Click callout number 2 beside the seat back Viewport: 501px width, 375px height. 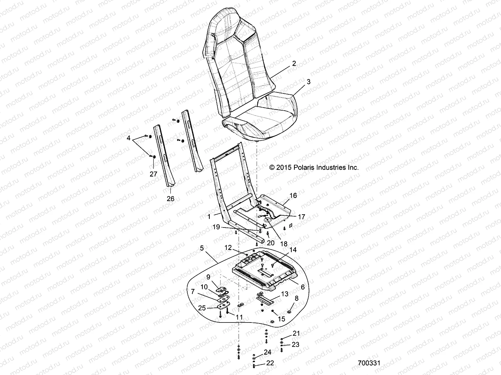coord(294,63)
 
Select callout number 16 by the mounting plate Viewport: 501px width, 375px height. coord(293,196)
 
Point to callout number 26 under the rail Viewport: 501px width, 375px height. coord(170,199)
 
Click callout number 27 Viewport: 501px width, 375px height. coord(153,174)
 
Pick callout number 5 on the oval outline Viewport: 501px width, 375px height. coord(202,248)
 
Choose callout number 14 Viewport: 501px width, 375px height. coord(292,250)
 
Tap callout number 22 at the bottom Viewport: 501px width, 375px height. coord(270,363)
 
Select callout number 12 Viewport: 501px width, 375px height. coord(228,248)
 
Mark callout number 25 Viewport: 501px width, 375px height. coord(202,308)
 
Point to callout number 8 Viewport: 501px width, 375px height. coord(297,298)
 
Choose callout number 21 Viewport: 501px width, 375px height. coord(296,333)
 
